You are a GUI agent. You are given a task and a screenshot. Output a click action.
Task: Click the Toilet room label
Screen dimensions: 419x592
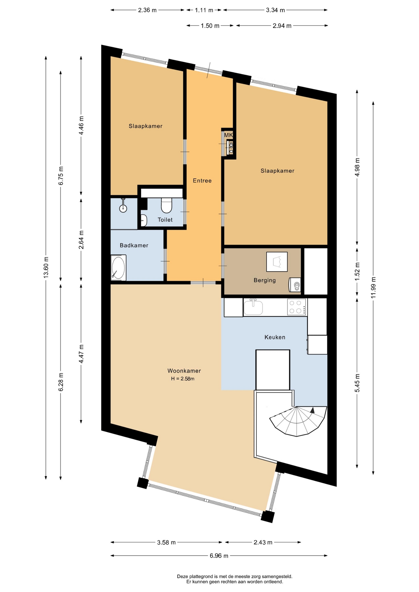click(x=165, y=220)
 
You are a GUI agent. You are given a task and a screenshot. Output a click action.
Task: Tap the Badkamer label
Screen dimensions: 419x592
click(x=134, y=245)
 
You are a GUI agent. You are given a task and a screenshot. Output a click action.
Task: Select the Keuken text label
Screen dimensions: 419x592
click(x=275, y=337)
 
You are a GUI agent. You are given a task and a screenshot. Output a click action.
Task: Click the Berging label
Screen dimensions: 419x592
click(x=264, y=280)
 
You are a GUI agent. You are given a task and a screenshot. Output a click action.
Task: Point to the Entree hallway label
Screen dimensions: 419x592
click(x=202, y=181)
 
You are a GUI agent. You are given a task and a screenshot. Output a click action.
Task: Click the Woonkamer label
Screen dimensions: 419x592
click(x=184, y=371)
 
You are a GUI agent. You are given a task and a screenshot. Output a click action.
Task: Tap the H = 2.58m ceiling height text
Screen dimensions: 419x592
click(x=183, y=379)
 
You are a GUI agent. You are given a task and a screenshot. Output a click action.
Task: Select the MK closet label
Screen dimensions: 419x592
click(x=228, y=135)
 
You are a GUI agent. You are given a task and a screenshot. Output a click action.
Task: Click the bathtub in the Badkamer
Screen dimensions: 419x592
click(x=118, y=268)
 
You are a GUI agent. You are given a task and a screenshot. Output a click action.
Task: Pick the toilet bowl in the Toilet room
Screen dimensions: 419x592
click(x=167, y=205)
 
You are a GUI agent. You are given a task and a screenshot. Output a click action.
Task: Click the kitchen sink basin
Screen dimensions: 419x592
click(x=253, y=307)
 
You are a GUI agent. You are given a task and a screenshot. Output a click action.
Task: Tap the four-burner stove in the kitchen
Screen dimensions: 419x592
click(x=297, y=307)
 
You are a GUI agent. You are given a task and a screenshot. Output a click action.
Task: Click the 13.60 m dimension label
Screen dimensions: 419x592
click(x=46, y=267)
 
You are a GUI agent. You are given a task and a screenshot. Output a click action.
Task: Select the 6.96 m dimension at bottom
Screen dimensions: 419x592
click(x=219, y=556)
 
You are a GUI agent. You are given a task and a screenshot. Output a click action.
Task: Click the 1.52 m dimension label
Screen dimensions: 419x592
click(x=357, y=272)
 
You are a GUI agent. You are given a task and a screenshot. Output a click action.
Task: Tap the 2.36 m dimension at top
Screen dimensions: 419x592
click(x=147, y=10)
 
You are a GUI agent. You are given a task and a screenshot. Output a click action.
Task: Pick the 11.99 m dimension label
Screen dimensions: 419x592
click(x=373, y=288)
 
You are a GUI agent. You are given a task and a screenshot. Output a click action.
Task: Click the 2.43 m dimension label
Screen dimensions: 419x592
click(x=263, y=542)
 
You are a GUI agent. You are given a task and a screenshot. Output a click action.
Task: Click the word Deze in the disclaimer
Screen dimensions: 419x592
click(x=182, y=576)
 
